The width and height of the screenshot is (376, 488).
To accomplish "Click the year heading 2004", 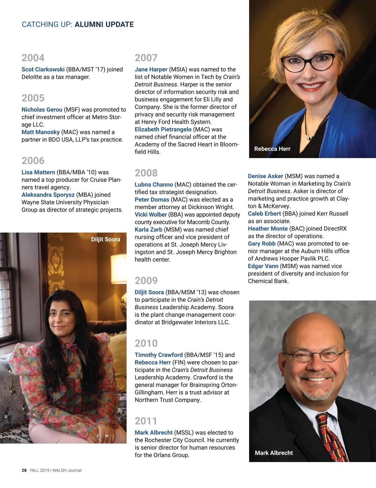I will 33,58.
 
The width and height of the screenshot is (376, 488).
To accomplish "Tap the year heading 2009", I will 146,280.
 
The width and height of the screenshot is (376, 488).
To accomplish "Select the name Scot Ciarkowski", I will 43,69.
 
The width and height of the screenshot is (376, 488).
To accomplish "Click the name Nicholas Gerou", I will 42,110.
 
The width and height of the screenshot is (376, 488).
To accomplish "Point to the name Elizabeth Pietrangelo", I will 163,129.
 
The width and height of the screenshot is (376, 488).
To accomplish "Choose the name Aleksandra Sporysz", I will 48,195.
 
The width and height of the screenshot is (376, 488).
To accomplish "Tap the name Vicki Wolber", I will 151,214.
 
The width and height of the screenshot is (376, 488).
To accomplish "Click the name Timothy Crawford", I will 159,355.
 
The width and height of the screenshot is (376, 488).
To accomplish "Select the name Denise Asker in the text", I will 265,176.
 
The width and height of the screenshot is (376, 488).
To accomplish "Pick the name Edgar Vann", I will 263,266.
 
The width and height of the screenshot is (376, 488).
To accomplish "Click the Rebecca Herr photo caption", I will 272,149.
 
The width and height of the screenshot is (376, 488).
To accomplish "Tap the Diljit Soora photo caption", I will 106,239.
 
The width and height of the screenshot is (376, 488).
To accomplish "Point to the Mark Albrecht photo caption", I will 274,453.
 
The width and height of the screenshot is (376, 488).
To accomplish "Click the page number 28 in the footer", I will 24,470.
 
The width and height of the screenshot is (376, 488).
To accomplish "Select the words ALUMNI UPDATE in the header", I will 104,24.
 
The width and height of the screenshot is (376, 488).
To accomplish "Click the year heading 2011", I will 146,421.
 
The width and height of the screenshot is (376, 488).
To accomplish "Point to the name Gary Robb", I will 262,244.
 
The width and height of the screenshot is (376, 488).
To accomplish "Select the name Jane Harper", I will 151,69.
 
